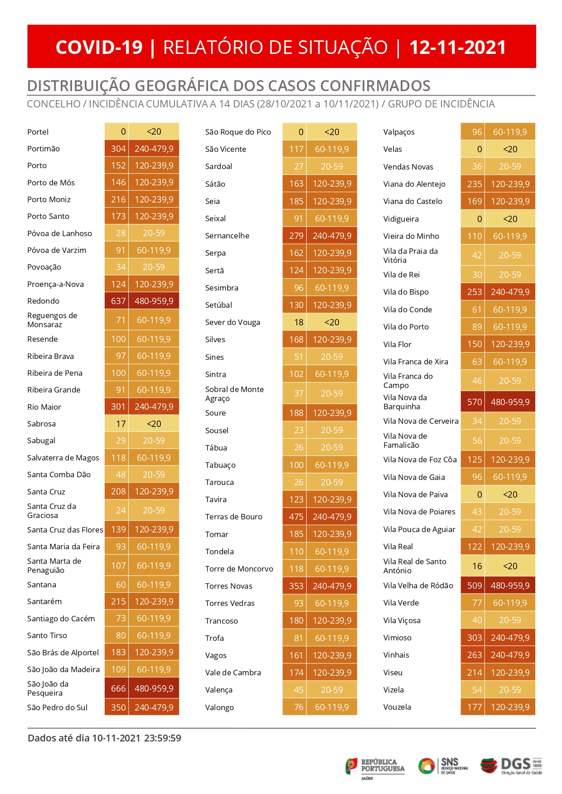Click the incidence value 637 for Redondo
[118, 301]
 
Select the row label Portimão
[44, 149]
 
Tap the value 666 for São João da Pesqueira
[118, 688]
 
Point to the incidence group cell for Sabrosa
[154, 424]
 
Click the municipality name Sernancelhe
[227, 236]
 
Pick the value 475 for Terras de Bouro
[296, 517]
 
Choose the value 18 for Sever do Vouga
[299, 322]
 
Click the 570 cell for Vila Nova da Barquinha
[475, 402]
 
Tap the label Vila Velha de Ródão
[418, 586]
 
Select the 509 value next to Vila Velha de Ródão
[475, 586]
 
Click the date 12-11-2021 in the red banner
[457, 47]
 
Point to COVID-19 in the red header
[99, 47]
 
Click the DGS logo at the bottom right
[511, 766]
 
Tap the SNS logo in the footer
[443, 766]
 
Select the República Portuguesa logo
[375, 767]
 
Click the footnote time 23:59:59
[163, 738]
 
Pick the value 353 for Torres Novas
[296, 586]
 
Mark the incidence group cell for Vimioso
[510, 638]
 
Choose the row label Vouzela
[397, 707]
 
